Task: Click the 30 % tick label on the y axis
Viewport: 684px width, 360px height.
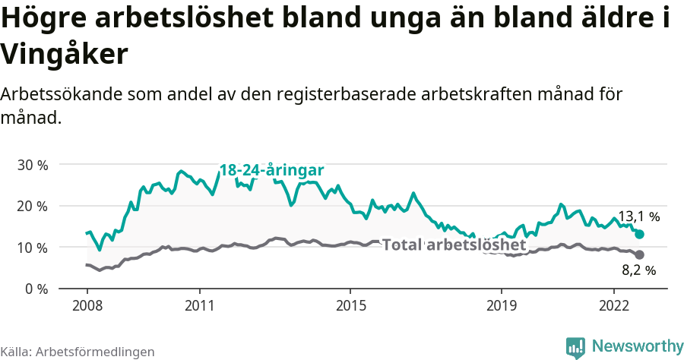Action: pyautogui.click(x=32, y=165)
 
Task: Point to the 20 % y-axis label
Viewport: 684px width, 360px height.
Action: pyautogui.click(x=32, y=206)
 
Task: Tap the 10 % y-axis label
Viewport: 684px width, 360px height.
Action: pyautogui.click(x=32, y=248)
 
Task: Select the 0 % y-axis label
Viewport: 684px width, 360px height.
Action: pyautogui.click(x=36, y=289)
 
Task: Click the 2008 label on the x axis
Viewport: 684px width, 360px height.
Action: pyautogui.click(x=87, y=306)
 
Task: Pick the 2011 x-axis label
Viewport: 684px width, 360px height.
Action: pyautogui.click(x=199, y=306)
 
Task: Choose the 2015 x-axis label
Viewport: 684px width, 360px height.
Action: pyautogui.click(x=350, y=306)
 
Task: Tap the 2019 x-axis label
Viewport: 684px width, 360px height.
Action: pyautogui.click(x=501, y=306)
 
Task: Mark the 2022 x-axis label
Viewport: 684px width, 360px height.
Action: pyautogui.click(x=613, y=306)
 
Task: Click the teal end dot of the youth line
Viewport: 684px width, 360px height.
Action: pyautogui.click(x=640, y=235)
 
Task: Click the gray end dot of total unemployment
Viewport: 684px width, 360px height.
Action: pyautogui.click(x=640, y=254)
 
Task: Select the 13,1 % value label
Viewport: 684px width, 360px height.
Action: pyautogui.click(x=638, y=216)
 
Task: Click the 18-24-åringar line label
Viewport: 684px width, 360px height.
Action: pyautogui.click(x=272, y=170)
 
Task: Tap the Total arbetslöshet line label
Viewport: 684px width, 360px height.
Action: pyautogui.click(x=454, y=245)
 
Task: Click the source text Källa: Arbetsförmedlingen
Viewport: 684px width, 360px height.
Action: pyautogui.click(x=78, y=352)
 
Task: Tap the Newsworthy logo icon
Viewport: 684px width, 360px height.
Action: pyautogui.click(x=575, y=347)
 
